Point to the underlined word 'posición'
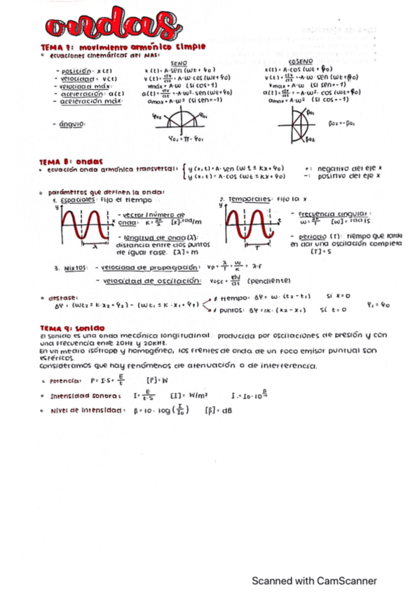(76, 72)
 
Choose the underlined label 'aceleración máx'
(90, 101)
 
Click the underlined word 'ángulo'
(72, 124)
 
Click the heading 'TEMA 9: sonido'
(72, 328)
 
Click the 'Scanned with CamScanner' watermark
(314, 581)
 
